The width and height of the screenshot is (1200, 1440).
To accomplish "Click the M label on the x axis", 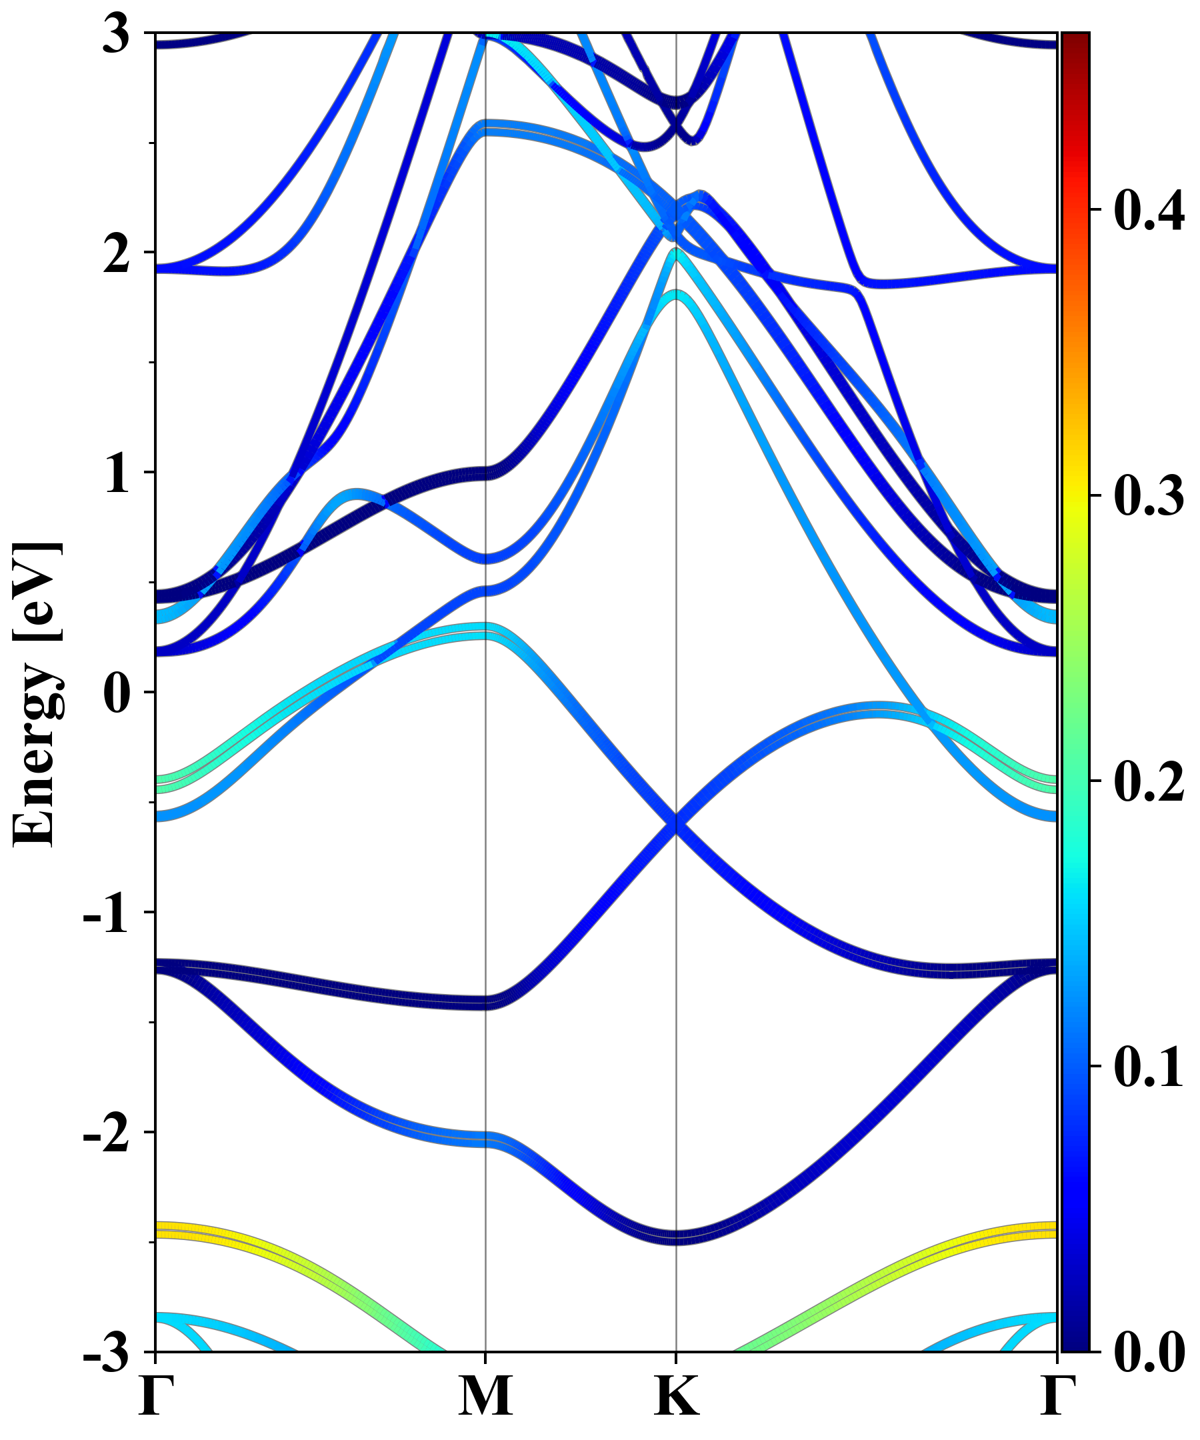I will pyautogui.click(x=485, y=1396).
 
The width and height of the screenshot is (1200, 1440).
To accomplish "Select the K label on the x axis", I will pyautogui.click(x=677, y=1396).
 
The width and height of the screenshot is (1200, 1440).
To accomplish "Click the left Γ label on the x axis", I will pyautogui.click(x=155, y=1396).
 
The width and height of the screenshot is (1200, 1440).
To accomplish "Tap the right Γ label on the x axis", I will pyautogui.click(x=1057, y=1396).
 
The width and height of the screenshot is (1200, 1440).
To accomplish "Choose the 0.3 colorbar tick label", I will pyautogui.click(x=1149, y=495).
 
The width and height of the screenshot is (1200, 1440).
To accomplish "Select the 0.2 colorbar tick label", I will pyautogui.click(x=1149, y=781).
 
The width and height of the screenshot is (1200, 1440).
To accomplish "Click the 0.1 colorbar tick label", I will pyautogui.click(x=1149, y=1066).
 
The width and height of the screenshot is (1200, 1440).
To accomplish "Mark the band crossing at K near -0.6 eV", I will pyautogui.click(x=677, y=823).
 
